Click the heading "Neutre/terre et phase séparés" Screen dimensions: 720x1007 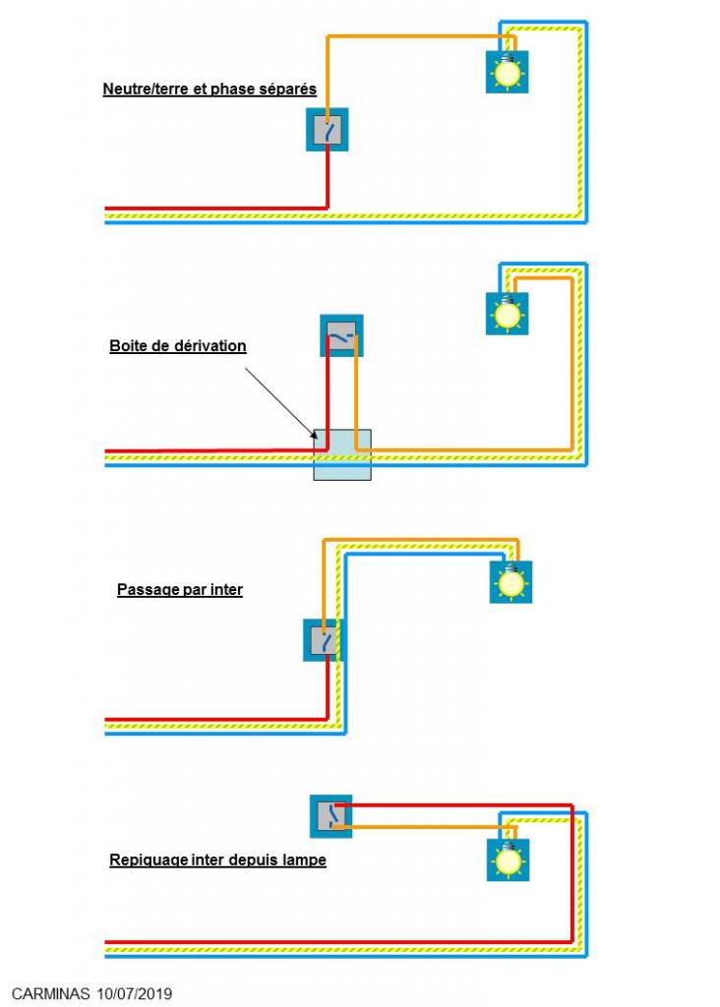(210, 89)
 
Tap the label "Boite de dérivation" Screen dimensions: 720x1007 (178, 345)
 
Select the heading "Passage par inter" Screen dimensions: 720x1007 (180, 589)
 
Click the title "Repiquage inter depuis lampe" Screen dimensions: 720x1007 (217, 859)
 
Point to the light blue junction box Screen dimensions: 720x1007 (341, 454)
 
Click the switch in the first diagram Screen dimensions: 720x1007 (327, 130)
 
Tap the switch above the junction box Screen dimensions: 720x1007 (341, 335)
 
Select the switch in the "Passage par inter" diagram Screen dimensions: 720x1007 (324, 639)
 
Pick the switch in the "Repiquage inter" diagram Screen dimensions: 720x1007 (330, 816)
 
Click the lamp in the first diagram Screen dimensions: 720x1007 (507, 72)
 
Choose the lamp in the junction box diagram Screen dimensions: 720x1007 (507, 314)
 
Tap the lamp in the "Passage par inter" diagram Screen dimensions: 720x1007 (510, 582)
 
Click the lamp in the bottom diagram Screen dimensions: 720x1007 (509, 859)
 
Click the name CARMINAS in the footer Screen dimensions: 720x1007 (51, 993)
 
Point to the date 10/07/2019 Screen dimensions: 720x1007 (135, 993)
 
